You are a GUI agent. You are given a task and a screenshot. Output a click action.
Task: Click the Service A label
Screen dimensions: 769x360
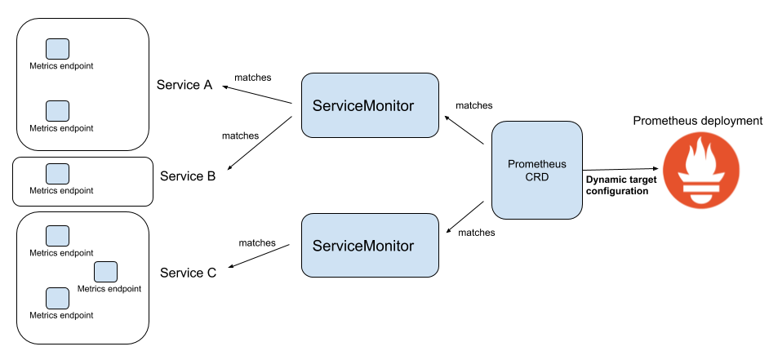(184, 85)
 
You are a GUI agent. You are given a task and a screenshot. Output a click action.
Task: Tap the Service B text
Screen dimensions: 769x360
(188, 176)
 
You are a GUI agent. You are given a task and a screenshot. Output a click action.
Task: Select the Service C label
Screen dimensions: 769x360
(189, 273)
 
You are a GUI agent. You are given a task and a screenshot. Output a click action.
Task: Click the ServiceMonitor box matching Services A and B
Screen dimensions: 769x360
(370, 105)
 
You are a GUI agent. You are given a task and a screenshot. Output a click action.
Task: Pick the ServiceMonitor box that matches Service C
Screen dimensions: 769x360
(370, 245)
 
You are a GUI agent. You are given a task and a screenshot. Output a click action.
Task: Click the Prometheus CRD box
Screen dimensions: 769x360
(537, 170)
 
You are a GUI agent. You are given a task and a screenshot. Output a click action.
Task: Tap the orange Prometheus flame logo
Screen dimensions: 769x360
(701, 170)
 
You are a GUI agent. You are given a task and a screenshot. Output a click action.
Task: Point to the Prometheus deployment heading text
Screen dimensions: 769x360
(698, 121)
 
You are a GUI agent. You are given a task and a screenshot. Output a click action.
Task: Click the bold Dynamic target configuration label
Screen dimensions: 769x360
(617, 186)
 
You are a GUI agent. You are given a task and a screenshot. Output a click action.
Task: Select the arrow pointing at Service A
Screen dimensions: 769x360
(257, 95)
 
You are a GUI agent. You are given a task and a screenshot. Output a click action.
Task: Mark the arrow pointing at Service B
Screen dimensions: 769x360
(260, 143)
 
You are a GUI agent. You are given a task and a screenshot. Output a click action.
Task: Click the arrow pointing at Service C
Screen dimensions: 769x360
(260, 256)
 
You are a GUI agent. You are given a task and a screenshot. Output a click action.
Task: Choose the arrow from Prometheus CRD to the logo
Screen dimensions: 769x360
(620, 170)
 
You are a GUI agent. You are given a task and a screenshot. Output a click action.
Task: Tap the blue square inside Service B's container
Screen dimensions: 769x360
(57, 174)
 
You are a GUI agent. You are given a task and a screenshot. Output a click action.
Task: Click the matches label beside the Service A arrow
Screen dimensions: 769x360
(253, 78)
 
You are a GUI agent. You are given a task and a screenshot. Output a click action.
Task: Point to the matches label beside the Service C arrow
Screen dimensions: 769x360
(257, 242)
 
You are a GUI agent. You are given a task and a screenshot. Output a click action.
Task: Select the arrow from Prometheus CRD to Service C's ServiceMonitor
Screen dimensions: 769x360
(465, 217)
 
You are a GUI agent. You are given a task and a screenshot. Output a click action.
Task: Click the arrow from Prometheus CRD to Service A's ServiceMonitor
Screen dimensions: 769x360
(464, 130)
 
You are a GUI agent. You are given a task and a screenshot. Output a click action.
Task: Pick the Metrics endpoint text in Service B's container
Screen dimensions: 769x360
(61, 190)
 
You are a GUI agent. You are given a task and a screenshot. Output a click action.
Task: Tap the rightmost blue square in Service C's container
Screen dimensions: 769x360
(105, 272)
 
